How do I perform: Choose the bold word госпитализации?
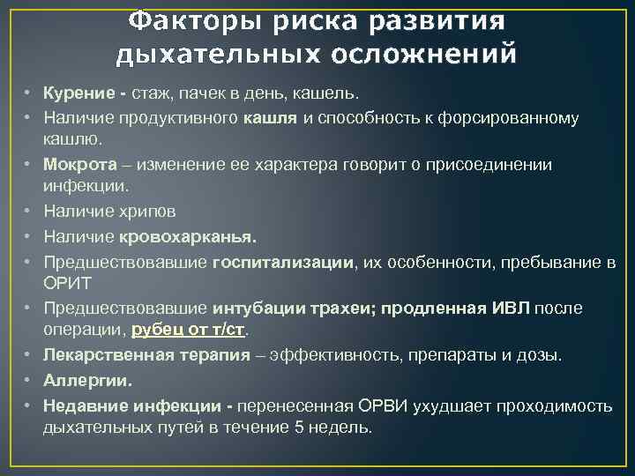click(x=284, y=262)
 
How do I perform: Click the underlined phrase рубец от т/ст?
click(x=189, y=331)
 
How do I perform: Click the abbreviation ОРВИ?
click(x=383, y=405)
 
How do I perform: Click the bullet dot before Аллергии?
click(x=29, y=381)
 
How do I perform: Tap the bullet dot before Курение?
click(x=29, y=93)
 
